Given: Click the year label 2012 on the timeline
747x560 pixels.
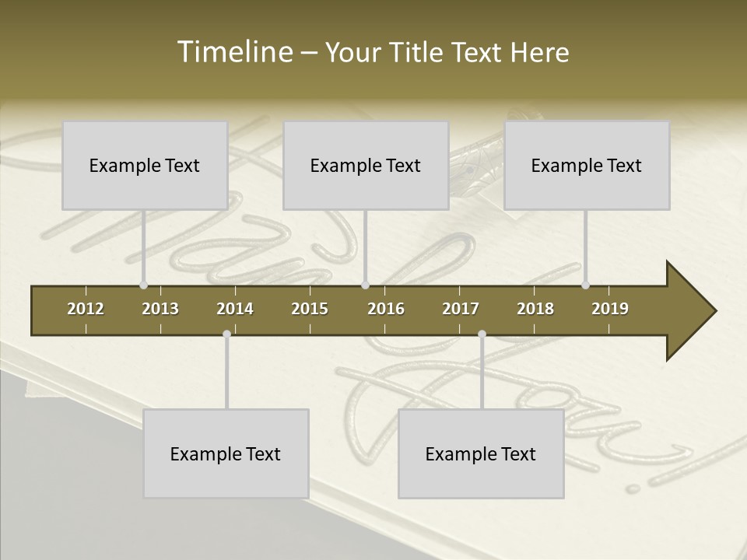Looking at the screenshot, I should coord(86,309).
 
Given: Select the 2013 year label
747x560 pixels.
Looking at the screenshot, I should coord(160,309).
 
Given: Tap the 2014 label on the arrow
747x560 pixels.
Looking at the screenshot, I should coord(235,309).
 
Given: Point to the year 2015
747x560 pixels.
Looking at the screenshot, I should coord(310,309).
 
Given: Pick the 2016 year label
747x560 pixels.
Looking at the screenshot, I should coord(386,309).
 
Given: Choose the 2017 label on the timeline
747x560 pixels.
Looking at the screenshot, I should coord(461,309).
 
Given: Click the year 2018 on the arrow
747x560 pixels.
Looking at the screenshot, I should coord(535,309).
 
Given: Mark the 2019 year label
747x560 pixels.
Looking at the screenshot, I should coord(610,309).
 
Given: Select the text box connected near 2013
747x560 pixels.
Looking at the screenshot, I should coord(145,165).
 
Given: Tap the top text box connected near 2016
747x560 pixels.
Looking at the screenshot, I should coord(366,165).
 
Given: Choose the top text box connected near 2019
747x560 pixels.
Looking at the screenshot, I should coord(587,165).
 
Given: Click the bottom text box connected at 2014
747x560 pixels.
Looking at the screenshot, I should coord(226,453).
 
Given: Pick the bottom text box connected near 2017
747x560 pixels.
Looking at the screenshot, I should coord(481,453).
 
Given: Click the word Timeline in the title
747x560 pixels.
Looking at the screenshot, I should coord(234,52).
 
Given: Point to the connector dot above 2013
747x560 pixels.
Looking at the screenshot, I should coord(143,285).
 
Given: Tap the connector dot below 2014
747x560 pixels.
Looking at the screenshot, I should coord(226,334).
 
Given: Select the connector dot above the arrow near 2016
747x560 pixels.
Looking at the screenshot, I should coord(365,285).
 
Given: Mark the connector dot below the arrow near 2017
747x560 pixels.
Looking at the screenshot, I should coord(482,334).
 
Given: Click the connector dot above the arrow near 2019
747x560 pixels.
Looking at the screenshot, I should coord(585,285).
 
